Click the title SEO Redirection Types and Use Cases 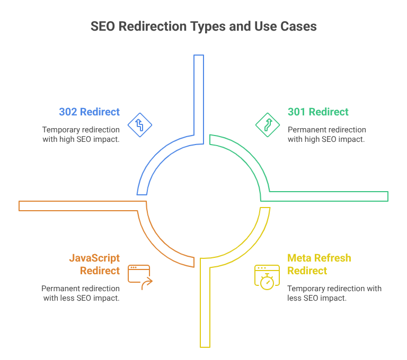click(x=203, y=26)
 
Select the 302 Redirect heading click(x=89, y=112)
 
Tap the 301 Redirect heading click(x=318, y=112)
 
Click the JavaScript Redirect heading click(x=94, y=264)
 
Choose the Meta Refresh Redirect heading click(x=319, y=264)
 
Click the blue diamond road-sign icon click(x=139, y=125)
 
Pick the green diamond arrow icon click(x=267, y=125)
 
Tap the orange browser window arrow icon click(x=139, y=277)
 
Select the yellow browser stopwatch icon click(x=267, y=277)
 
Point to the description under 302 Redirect click(x=81, y=134)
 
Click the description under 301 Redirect click(x=326, y=134)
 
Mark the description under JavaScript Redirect click(x=81, y=293)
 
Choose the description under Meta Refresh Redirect click(x=334, y=293)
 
